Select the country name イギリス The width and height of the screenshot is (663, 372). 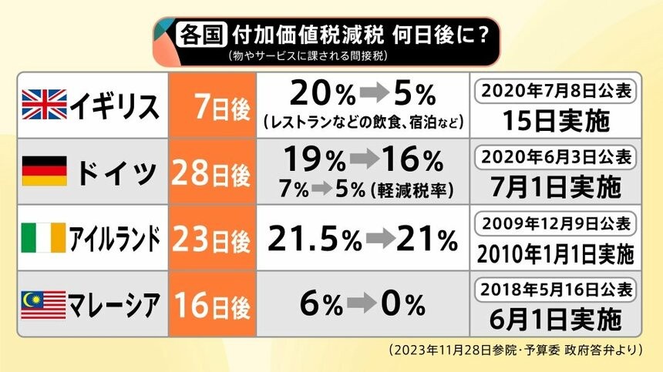coord(116,105)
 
